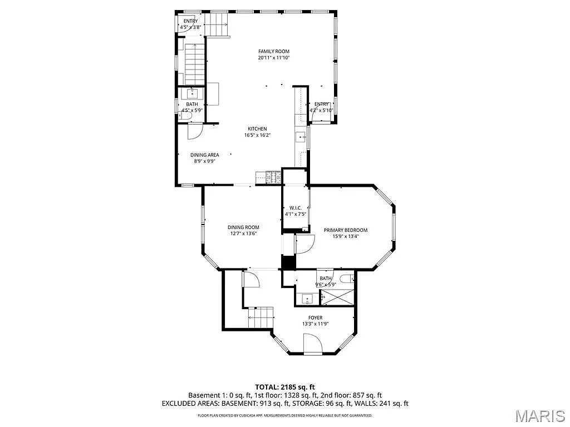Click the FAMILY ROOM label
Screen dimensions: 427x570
click(273, 51)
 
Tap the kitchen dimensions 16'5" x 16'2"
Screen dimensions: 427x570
click(257, 135)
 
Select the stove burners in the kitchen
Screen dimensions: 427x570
click(274, 177)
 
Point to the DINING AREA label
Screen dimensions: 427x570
click(204, 155)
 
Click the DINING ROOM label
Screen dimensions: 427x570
click(243, 227)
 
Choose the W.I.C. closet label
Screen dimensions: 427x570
click(295, 207)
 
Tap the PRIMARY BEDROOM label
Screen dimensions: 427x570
click(346, 230)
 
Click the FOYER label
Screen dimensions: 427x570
click(315, 317)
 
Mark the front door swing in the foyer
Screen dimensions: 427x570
click(313, 344)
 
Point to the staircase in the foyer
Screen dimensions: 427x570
click(261, 318)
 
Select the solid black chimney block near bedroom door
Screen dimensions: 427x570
click(288, 262)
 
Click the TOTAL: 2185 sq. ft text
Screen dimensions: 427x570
click(285, 386)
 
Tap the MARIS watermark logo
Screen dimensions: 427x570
click(540, 415)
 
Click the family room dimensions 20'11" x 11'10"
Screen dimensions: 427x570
click(273, 58)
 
